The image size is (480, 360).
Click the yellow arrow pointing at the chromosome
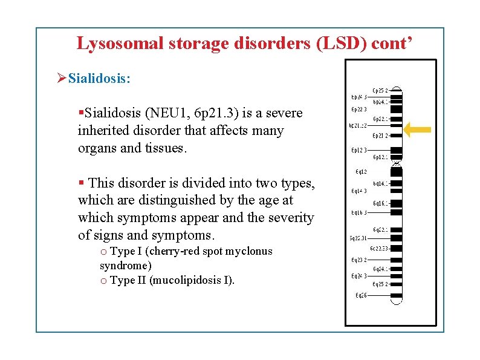(x=418, y=129)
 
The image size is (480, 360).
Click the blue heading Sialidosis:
(x=99, y=78)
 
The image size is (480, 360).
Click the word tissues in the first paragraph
(x=163, y=148)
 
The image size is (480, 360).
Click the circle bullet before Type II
(x=104, y=281)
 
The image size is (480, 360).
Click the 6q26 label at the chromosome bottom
(x=361, y=296)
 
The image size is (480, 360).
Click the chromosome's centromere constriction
(x=397, y=162)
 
